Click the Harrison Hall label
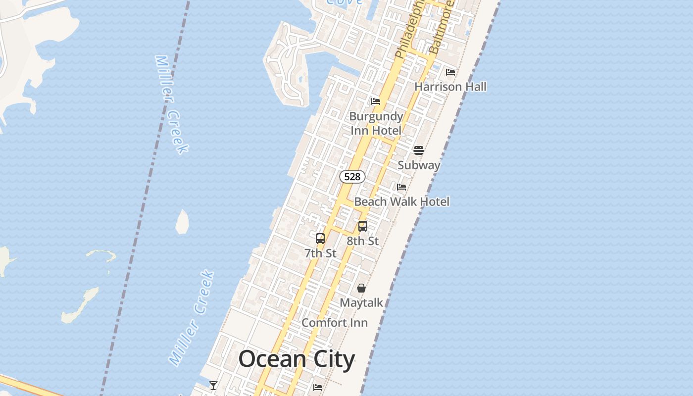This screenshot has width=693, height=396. tap(450, 87)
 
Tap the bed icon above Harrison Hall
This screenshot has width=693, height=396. tap(450, 72)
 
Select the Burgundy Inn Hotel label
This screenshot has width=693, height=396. tap(376, 123)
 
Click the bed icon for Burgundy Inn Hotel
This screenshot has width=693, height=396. tap(376, 102)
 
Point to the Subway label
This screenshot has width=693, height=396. tap(419, 165)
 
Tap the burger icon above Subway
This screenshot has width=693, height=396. tap(419, 150)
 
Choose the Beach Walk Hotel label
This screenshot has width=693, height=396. tap(401, 201)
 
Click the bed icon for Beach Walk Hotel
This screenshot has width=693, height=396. tap(401, 187)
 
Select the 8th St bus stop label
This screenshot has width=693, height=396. tap(362, 241)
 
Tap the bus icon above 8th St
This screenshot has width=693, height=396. tap(363, 226)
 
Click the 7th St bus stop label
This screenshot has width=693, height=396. tap(320, 253)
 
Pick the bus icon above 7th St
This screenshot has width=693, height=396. tap(320, 239)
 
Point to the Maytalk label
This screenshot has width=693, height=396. tap(361, 302)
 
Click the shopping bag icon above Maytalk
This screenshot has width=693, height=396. tap(361, 288)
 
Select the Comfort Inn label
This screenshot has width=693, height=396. tap(335, 323)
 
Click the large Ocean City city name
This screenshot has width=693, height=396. tap(297, 359)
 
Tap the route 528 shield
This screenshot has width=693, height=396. tap(352, 177)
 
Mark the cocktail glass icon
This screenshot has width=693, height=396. tap(213, 385)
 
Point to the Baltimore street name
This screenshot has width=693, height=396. tap(441, 27)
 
